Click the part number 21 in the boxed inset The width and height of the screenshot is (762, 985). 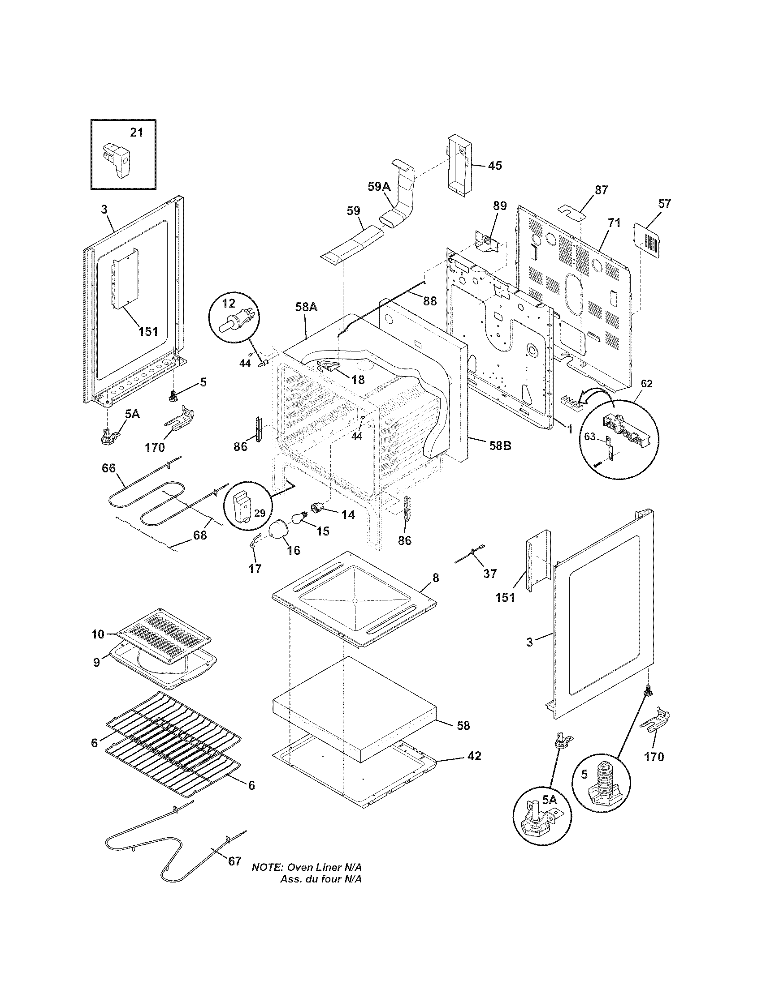tap(136, 133)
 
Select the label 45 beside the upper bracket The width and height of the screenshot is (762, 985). tap(495, 166)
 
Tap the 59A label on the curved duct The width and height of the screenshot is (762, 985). tap(379, 187)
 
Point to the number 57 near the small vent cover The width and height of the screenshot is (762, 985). tap(664, 203)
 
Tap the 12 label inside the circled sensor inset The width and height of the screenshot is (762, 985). tap(229, 304)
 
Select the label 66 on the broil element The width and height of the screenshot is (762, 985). tap(108, 468)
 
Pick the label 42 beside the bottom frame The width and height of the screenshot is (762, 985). tap(474, 756)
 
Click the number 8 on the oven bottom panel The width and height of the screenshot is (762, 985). tap(436, 577)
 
